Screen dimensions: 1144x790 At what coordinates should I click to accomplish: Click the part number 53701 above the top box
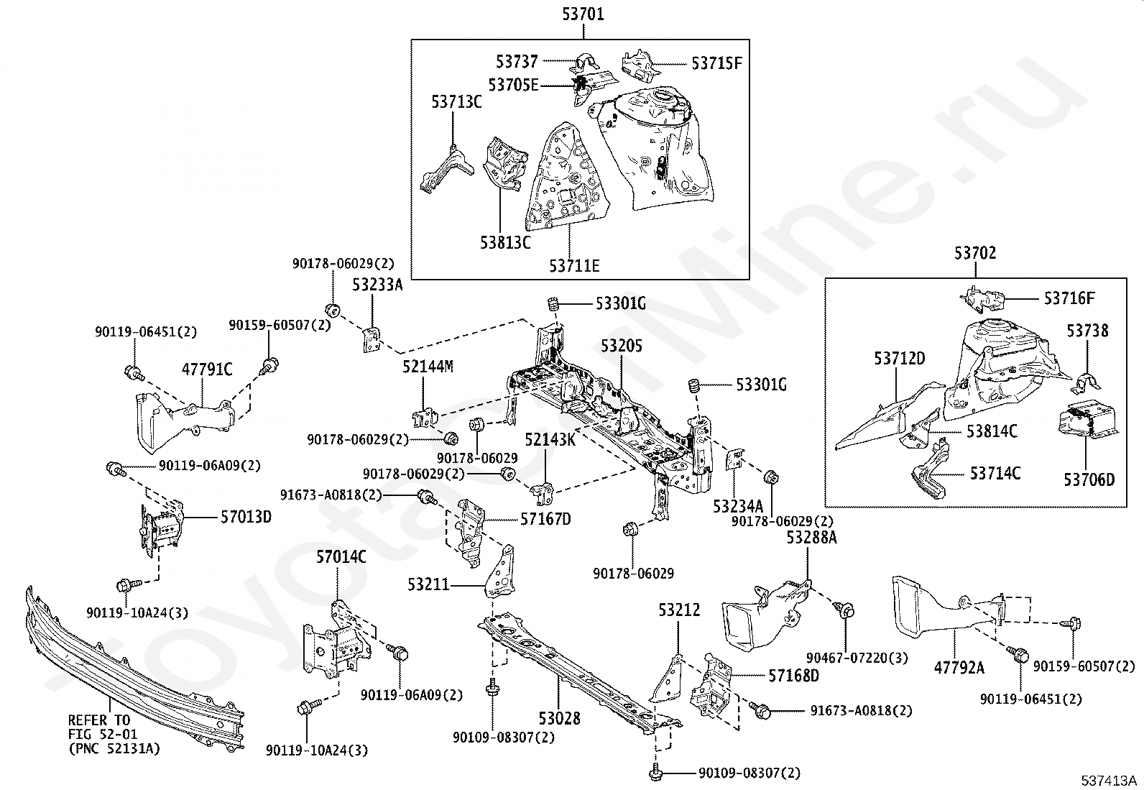(x=583, y=14)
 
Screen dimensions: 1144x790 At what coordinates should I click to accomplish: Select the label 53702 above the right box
(x=975, y=253)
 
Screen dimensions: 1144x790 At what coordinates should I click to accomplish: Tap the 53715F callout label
(x=716, y=63)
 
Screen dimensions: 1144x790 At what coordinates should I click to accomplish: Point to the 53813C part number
(x=505, y=242)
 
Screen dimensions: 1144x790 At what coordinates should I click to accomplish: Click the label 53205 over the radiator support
(x=621, y=346)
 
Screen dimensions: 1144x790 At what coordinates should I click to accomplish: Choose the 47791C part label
(x=207, y=369)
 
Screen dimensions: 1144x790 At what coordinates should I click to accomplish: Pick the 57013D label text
(x=246, y=517)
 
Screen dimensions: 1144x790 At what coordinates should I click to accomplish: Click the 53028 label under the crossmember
(x=559, y=718)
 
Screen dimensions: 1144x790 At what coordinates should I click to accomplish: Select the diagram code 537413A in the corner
(x=1109, y=781)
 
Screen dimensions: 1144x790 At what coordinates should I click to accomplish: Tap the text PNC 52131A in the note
(x=114, y=749)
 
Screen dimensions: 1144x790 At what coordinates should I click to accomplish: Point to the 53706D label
(x=1089, y=480)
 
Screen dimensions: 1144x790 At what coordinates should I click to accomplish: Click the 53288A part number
(x=811, y=537)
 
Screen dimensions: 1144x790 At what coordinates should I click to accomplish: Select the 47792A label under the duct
(x=959, y=667)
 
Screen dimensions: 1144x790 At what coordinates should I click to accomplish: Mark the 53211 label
(x=428, y=584)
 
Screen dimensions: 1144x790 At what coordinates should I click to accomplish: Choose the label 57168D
(x=793, y=676)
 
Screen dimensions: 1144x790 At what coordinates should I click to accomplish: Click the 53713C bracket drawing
(x=446, y=170)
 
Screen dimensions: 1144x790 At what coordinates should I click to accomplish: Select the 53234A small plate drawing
(x=734, y=459)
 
